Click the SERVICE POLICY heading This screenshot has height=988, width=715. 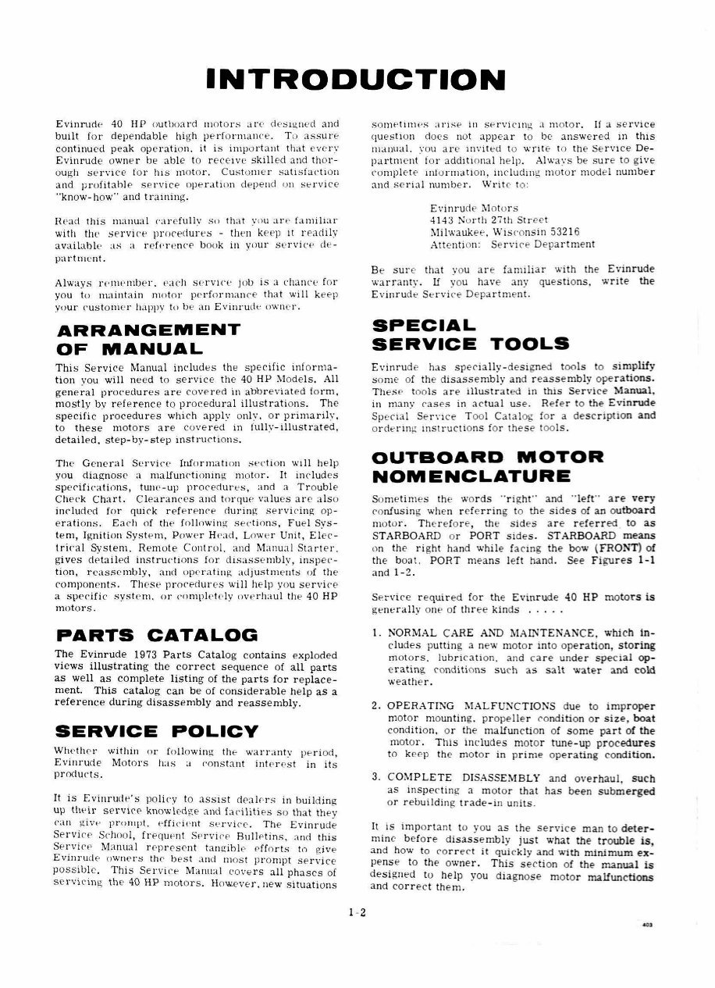pyautogui.click(x=157, y=731)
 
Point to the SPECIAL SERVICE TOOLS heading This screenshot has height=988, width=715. pyautogui.click(x=471, y=334)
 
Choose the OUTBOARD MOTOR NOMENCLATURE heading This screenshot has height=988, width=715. pyautogui.click(x=488, y=465)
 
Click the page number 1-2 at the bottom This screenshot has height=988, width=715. pyautogui.click(x=357, y=911)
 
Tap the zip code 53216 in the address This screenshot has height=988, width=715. pyautogui.click(x=557, y=232)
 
